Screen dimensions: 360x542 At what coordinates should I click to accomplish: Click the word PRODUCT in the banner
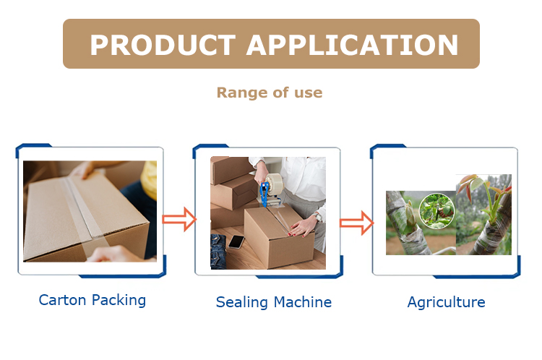click(x=162, y=45)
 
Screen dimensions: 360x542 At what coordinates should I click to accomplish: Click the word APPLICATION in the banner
click(x=353, y=45)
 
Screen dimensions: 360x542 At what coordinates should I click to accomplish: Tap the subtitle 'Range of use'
click(x=270, y=93)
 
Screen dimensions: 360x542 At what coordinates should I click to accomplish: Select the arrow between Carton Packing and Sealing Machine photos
click(x=178, y=218)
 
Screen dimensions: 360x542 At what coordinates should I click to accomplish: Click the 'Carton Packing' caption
click(x=93, y=300)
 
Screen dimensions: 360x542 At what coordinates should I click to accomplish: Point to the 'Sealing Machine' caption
click(x=273, y=302)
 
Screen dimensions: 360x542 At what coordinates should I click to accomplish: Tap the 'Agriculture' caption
click(x=446, y=302)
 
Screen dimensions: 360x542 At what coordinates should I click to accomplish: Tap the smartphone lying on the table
click(x=236, y=242)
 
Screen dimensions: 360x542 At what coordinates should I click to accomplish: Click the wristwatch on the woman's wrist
click(x=317, y=216)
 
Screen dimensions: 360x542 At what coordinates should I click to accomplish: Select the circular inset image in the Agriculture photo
click(x=437, y=210)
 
